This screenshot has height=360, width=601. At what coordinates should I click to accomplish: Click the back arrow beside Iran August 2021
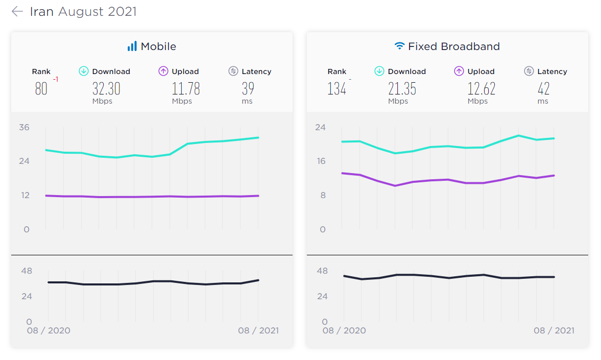coord(17,12)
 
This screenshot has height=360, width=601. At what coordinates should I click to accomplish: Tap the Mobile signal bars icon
coord(132,46)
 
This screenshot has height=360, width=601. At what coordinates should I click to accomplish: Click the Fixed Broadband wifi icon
coord(399,46)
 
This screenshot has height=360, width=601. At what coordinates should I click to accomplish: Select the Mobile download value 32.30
coord(106,88)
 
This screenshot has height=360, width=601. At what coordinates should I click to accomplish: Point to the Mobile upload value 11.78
coord(186,88)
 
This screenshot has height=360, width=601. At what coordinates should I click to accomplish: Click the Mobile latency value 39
coord(248,88)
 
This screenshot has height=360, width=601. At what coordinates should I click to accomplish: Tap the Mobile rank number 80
coord(41,88)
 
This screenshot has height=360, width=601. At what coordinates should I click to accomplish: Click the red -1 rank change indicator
coord(56,79)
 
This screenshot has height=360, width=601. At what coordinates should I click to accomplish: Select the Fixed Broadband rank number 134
coord(336,88)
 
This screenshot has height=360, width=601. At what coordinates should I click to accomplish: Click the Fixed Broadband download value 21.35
coord(402,88)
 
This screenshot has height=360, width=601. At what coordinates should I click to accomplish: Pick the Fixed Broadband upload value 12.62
coord(482,88)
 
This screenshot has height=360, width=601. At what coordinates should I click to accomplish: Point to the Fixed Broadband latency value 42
coord(543,88)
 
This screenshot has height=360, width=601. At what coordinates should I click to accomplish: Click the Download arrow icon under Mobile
coord(84,71)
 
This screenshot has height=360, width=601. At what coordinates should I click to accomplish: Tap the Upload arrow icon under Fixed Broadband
coord(459,71)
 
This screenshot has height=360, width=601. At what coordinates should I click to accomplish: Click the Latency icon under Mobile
coord(233,71)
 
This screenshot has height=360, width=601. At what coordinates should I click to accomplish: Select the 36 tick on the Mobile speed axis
coord(24,127)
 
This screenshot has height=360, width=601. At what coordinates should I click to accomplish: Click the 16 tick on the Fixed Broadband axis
coord(321,161)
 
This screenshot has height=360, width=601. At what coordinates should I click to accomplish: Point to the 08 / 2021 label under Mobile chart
coord(258,330)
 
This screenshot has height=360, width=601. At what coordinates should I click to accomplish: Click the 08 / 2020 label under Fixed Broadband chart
coord(344,330)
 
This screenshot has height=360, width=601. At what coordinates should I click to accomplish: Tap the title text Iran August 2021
coord(83,12)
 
